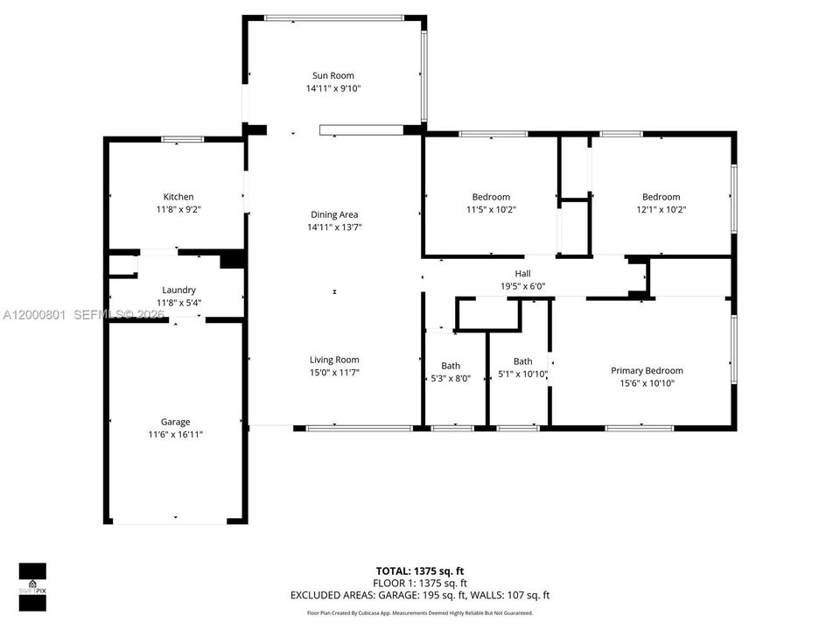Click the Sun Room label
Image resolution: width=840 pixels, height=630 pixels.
[x=333, y=75]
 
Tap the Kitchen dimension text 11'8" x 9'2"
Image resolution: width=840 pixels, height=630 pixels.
[x=178, y=209]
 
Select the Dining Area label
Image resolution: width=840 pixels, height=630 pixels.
[x=334, y=215]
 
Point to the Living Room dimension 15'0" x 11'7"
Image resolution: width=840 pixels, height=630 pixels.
[x=334, y=373]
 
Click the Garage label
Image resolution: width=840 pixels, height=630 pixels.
[x=175, y=422]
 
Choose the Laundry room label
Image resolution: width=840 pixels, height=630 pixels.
[x=178, y=290]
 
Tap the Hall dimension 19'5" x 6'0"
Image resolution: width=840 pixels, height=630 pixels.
[x=523, y=286]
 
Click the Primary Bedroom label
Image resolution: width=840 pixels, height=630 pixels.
[x=647, y=371]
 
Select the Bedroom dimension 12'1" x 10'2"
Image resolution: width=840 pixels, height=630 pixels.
[x=661, y=209]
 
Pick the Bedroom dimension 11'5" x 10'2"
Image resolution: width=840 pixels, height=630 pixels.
[x=491, y=209]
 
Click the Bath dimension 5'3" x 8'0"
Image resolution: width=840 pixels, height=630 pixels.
[x=451, y=378]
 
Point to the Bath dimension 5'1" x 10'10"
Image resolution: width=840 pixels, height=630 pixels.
[x=522, y=374]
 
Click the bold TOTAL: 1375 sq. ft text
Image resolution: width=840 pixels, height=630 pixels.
[x=420, y=571]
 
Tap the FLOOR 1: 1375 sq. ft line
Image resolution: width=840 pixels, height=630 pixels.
[x=420, y=583]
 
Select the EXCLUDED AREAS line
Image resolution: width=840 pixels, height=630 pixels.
[x=420, y=595]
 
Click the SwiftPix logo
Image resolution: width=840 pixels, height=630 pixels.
[x=32, y=587]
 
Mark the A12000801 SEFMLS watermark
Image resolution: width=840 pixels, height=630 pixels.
[x=84, y=314]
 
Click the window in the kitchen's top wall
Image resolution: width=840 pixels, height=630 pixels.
[x=183, y=139]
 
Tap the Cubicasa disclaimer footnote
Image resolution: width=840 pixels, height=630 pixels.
[x=420, y=612]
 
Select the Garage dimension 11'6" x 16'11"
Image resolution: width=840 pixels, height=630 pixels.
[x=175, y=435]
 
